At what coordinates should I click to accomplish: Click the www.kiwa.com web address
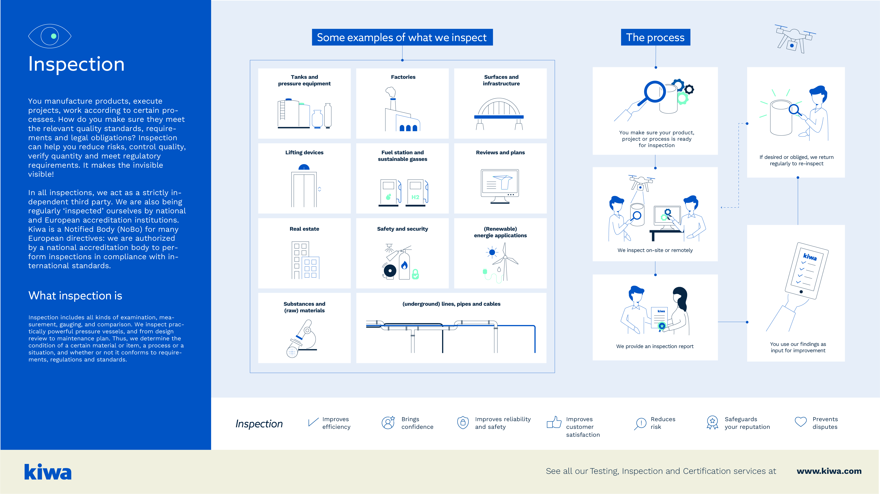[829, 471]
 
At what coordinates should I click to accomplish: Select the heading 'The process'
[655, 37]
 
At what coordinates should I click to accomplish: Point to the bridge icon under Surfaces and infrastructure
[499, 114]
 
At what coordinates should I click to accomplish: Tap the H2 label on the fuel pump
[416, 197]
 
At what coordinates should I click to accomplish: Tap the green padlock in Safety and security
[416, 274]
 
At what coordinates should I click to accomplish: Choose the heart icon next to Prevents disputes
[800, 422]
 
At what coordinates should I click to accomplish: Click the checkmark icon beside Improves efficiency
[313, 422]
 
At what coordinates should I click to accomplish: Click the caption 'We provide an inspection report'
[654, 346]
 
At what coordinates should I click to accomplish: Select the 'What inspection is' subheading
[75, 296]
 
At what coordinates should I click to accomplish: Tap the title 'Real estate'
[304, 229]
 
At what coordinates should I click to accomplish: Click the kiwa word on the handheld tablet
[810, 257]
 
